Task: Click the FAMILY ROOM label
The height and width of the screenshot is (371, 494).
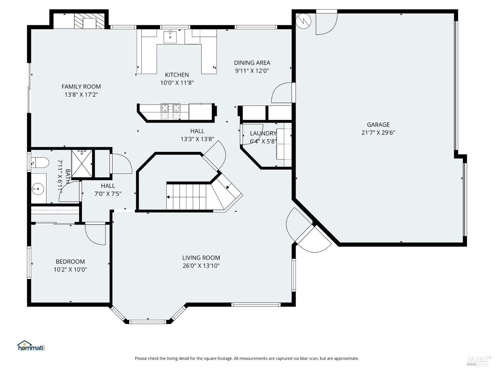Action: click(81, 87)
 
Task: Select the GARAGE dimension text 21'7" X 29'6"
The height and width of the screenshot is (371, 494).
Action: click(378, 133)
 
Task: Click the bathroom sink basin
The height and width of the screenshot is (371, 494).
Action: click(38, 189)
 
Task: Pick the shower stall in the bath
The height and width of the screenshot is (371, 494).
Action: click(82, 163)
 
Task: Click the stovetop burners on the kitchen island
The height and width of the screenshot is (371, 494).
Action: click(170, 111)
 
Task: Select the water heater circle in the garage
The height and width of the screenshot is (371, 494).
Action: click(303, 21)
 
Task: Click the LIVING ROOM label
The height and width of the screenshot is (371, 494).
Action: click(201, 258)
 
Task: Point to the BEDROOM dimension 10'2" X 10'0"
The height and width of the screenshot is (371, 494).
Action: click(70, 269)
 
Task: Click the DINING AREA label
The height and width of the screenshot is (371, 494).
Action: click(252, 63)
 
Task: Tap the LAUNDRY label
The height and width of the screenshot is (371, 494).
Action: click(263, 134)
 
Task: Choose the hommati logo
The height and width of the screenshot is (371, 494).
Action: click(31, 346)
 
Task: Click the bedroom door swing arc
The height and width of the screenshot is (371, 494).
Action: click(95, 235)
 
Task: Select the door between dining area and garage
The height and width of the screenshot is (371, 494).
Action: click(282, 93)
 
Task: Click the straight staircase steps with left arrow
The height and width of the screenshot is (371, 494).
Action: click(186, 197)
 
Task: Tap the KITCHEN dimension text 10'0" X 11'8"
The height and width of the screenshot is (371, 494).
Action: click(177, 83)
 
